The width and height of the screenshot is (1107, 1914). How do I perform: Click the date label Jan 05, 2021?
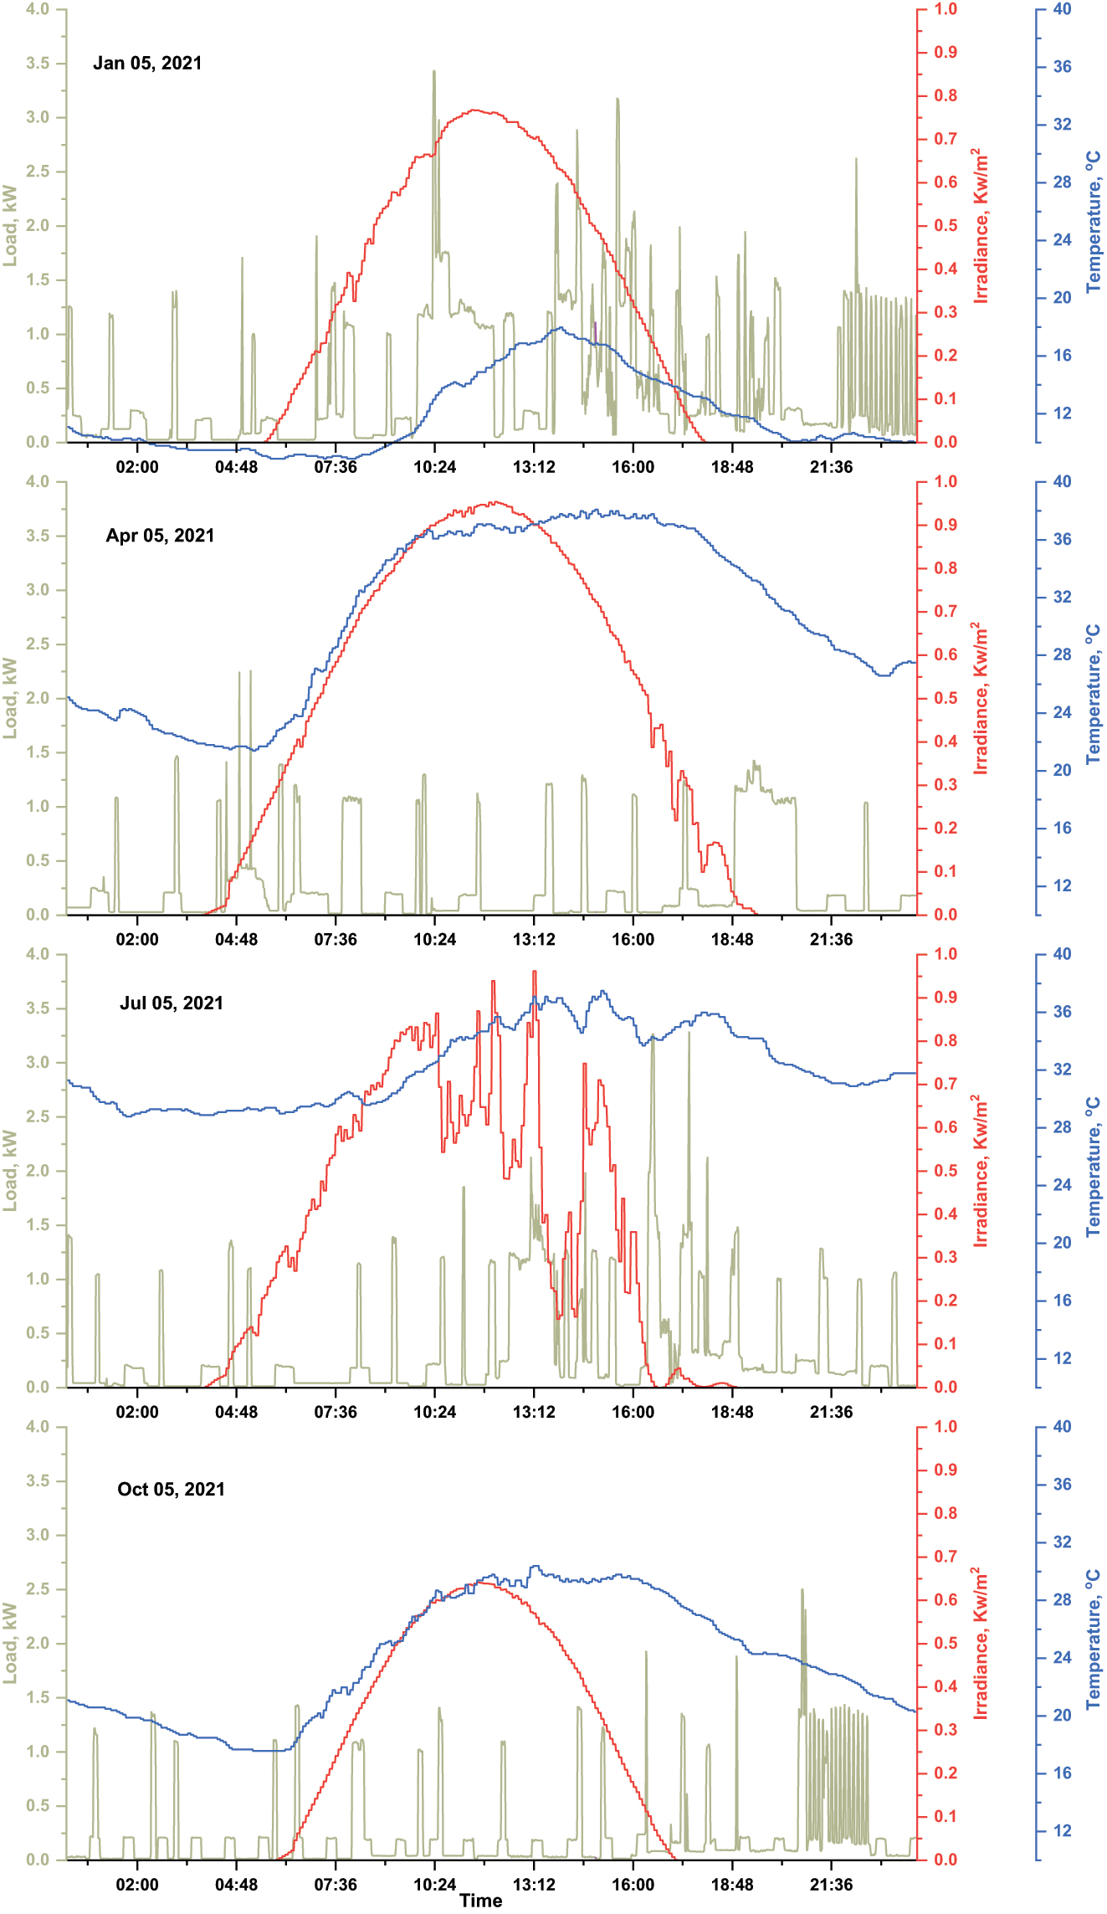pyautogui.click(x=147, y=64)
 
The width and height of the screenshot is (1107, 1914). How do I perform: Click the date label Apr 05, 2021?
pyautogui.click(x=160, y=536)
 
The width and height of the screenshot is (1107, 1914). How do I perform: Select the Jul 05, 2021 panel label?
pyautogui.click(x=172, y=1003)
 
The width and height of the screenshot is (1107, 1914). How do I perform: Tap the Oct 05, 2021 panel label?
pyautogui.click(x=171, y=1489)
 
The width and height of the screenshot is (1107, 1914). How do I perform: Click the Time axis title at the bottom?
pyautogui.click(x=480, y=1900)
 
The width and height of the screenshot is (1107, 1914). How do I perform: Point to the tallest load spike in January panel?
pyautogui.click(x=433, y=72)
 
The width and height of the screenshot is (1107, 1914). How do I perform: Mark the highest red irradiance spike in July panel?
pyautogui.click(x=534, y=972)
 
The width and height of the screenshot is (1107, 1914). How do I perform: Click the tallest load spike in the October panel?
pyautogui.click(x=802, y=1590)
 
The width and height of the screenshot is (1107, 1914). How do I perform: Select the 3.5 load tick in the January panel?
pyautogui.click(x=38, y=64)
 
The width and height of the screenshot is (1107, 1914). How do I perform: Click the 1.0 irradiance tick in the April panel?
pyautogui.click(x=946, y=482)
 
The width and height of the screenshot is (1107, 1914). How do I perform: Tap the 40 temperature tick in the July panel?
pyautogui.click(x=1062, y=954)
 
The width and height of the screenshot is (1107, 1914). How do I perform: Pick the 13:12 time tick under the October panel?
pyautogui.click(x=534, y=1885)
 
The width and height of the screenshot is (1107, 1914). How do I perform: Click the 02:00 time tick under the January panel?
pyautogui.click(x=137, y=467)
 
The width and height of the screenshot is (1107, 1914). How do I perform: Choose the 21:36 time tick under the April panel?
pyautogui.click(x=831, y=939)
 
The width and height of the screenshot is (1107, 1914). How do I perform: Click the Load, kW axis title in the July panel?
pyautogui.click(x=10, y=1170)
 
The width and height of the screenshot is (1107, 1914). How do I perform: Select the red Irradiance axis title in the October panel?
pyautogui.click(x=981, y=1643)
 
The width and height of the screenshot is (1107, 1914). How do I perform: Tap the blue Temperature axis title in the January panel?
pyautogui.click(x=1094, y=223)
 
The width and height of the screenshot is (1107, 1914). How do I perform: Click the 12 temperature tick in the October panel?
pyautogui.click(x=1062, y=1830)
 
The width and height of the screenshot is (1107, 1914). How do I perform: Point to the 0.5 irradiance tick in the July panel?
pyautogui.click(x=946, y=1171)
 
